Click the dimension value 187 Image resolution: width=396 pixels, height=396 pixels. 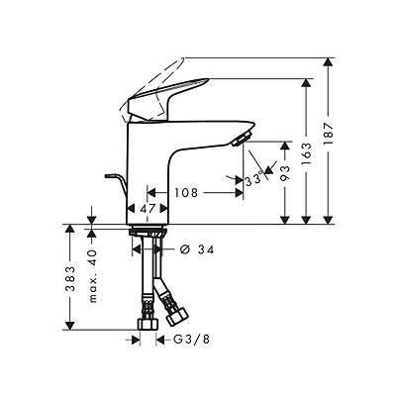[329, 134]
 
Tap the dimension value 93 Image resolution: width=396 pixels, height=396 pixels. [285, 172]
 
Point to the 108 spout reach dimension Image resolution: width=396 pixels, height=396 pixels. [186, 192]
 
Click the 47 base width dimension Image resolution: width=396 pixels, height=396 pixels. [148, 208]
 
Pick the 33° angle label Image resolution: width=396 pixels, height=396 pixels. [253, 180]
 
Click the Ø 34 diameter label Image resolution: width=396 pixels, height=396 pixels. [197, 249]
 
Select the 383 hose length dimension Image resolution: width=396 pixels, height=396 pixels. [69, 278]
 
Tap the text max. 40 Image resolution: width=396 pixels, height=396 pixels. [93, 276]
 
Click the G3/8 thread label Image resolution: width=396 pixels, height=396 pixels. [191, 340]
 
